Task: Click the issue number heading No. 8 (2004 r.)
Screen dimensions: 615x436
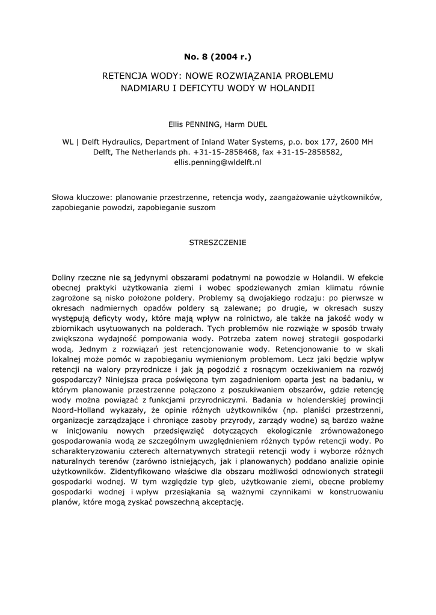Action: click(218, 57)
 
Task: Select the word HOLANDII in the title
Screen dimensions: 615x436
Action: click(293, 88)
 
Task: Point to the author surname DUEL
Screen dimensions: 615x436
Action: click(257, 124)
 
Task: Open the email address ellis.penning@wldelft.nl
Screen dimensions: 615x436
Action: click(218, 162)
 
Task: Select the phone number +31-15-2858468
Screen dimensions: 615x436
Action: click(224, 152)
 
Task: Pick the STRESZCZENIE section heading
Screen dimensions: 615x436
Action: click(218, 243)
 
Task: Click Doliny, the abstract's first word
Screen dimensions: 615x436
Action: click(66, 277)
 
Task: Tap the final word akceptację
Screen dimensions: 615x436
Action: click(222, 503)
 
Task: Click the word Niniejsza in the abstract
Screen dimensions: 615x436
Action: click(125, 380)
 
